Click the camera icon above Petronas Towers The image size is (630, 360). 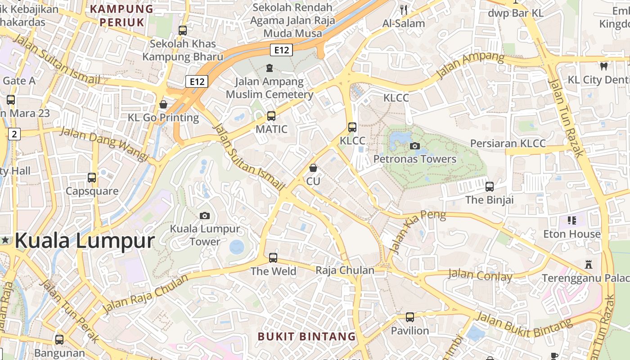point(415,146)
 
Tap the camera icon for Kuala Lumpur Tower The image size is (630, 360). point(205,216)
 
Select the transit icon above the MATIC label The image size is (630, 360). point(271,116)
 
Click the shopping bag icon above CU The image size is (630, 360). point(313,168)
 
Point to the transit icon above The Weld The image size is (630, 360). point(273,258)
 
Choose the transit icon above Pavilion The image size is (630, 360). point(409,317)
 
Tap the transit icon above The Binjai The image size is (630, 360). point(490,186)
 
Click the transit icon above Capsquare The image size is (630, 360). point(92,178)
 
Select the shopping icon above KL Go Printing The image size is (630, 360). point(163,104)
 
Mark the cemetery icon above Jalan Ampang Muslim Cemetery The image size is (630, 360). point(269,68)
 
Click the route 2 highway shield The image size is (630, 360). point(15,134)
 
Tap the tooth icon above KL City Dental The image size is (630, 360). point(604,66)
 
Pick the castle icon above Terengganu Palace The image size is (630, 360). point(588,264)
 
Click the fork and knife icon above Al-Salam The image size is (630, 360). point(404,9)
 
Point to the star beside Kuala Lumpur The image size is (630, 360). point(5,240)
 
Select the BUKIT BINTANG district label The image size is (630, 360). point(306,337)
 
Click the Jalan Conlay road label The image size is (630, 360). point(480,275)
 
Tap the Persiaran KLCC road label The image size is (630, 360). point(508,144)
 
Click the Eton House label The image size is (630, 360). point(572,234)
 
